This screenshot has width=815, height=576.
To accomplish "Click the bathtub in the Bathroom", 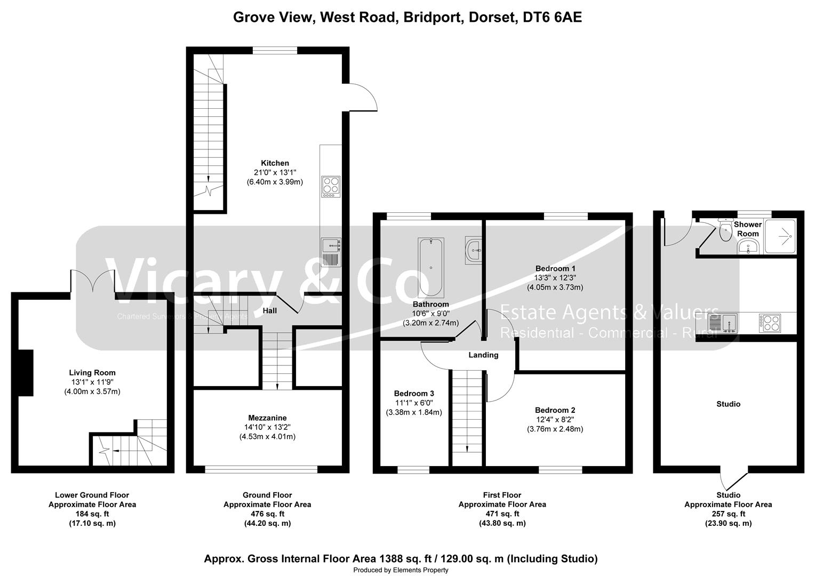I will (430, 268).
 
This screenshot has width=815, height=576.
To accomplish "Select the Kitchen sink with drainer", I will (331, 251).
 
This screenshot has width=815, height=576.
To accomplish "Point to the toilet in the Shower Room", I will (725, 231).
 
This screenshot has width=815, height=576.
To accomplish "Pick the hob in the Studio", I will (769, 323).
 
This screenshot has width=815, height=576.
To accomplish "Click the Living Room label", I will (92, 373).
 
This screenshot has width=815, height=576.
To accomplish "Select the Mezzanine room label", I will (267, 418).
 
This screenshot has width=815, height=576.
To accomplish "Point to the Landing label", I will (483, 355).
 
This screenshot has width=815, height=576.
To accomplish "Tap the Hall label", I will (270, 310).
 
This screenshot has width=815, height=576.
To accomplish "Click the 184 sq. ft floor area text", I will (92, 514).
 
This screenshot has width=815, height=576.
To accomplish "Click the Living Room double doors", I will (92, 281).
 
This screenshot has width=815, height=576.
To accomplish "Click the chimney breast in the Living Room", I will (26, 373).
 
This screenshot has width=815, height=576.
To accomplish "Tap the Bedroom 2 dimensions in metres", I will (555, 429).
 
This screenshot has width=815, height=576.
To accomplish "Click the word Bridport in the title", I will (433, 18).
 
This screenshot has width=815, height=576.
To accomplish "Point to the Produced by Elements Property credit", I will (401, 570).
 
